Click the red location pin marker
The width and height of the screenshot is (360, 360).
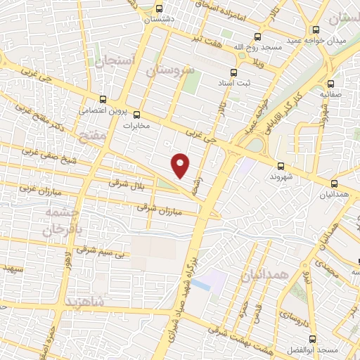point(181,165)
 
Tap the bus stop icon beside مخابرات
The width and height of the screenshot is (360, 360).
point(137,115)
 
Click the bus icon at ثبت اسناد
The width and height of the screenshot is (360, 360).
point(233,71)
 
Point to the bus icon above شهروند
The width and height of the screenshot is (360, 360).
point(281,166)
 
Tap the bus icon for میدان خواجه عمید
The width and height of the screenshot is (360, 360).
point(316,30)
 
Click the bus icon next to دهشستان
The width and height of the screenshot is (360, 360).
point(160,9)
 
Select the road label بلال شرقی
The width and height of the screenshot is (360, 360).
point(126,183)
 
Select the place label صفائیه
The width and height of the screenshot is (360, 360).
point(331,93)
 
